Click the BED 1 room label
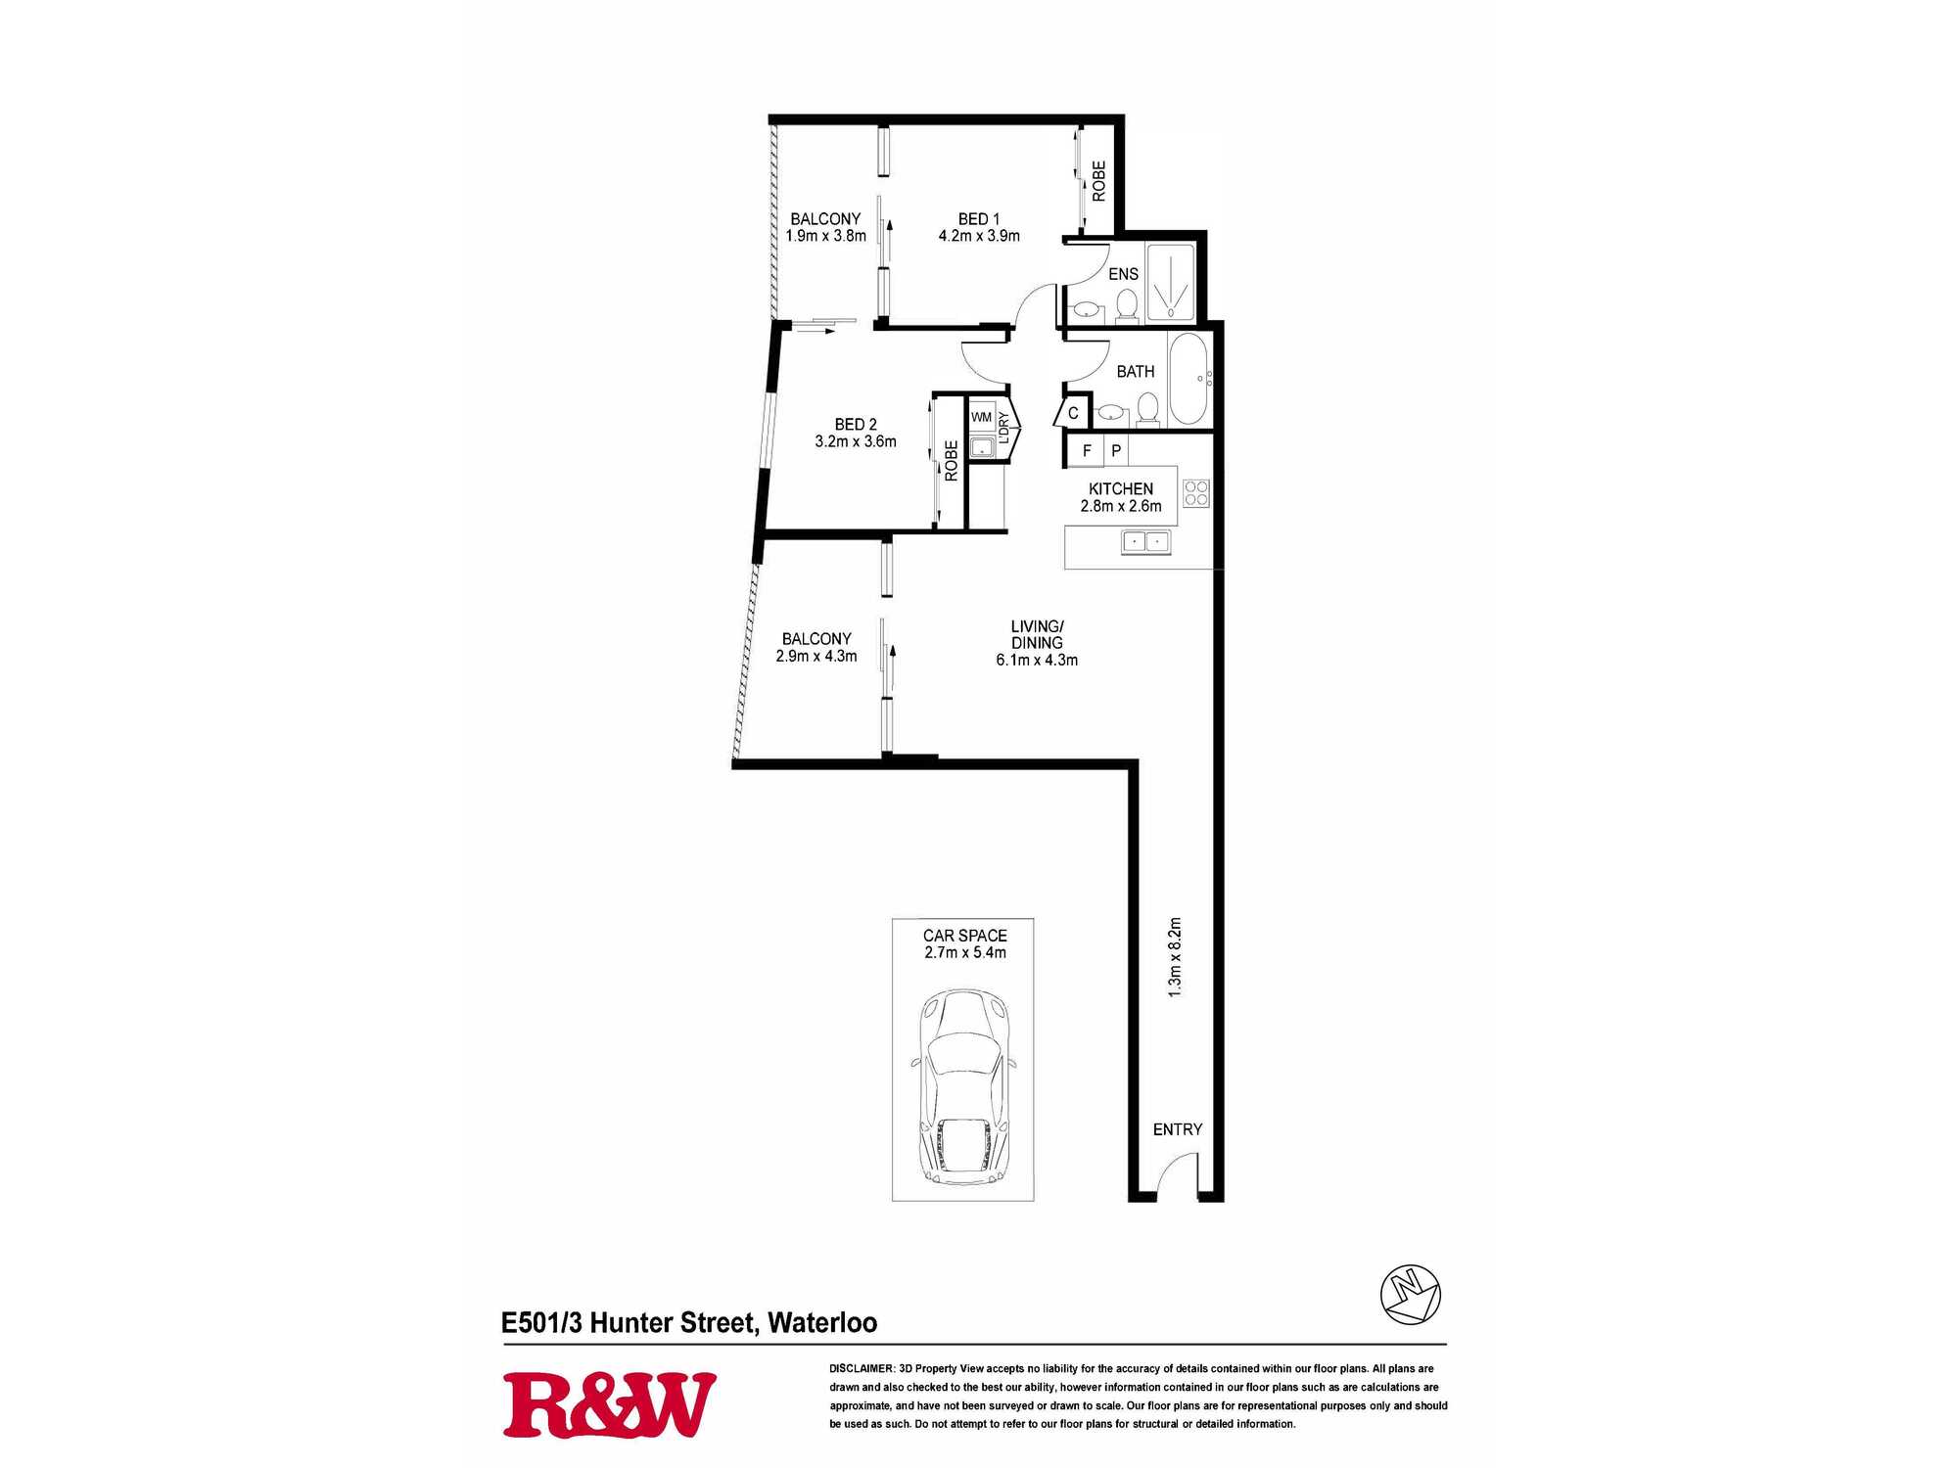979,219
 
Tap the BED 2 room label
856,425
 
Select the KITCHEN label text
1121,489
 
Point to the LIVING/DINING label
1037,634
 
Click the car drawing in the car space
964,1086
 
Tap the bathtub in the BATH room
1189,379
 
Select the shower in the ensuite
1171,281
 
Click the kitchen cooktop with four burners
1196,493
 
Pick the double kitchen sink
1145,541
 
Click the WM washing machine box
981,417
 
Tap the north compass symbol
1410,1295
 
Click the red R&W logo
609,1405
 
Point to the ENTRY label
1177,1129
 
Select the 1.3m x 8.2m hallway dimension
1175,957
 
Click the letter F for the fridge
1087,451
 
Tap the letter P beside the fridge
1116,451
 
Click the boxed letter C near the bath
1073,413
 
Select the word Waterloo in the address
822,1323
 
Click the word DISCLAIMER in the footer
862,1368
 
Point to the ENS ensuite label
1123,274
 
